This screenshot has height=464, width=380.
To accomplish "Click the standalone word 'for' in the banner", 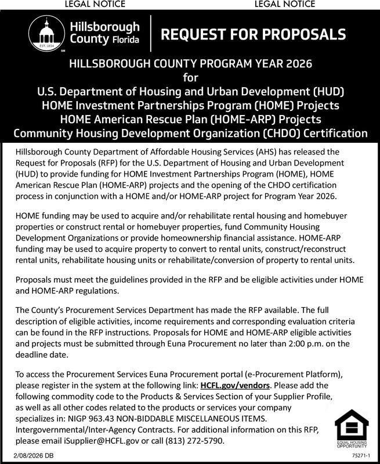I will tap(190, 77).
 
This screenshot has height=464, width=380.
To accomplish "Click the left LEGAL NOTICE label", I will tap(96, 5).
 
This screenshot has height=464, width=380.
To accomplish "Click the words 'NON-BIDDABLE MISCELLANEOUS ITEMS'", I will tap(195, 419).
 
